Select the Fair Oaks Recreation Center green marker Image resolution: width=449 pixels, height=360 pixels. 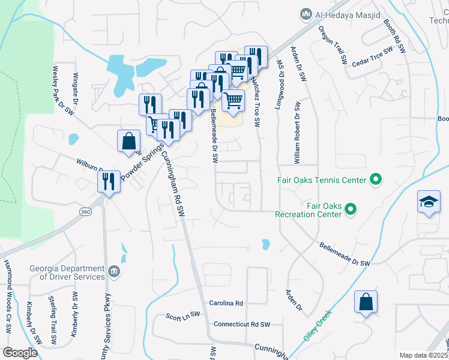coord(351,209)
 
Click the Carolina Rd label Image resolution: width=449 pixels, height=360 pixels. coord(226,304)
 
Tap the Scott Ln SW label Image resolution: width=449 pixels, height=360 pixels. coord(183,316)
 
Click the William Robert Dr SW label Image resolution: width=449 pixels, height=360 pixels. coord(297,132)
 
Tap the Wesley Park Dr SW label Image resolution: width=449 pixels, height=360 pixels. coord(64,90)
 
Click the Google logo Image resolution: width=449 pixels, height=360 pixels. coord(20,353)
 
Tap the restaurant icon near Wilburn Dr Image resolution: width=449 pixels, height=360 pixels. coord(109,181)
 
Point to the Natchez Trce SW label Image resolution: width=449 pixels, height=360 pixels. coord(256,102)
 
